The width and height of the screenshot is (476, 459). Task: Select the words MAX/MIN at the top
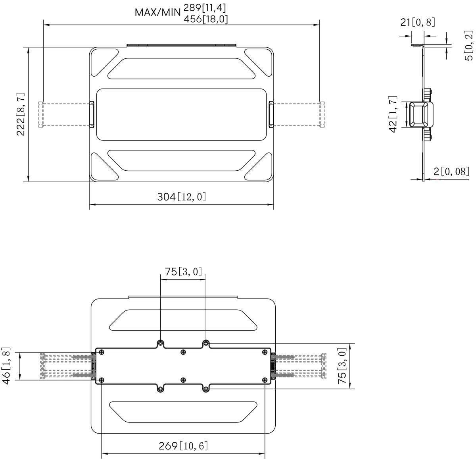158,12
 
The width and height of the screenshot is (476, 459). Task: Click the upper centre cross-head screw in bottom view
183,352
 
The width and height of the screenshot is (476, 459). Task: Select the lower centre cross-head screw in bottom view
183,380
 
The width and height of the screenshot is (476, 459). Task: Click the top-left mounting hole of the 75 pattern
160,343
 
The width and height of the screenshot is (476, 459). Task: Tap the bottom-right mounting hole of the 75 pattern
206,389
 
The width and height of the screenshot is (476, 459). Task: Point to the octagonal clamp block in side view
419,115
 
